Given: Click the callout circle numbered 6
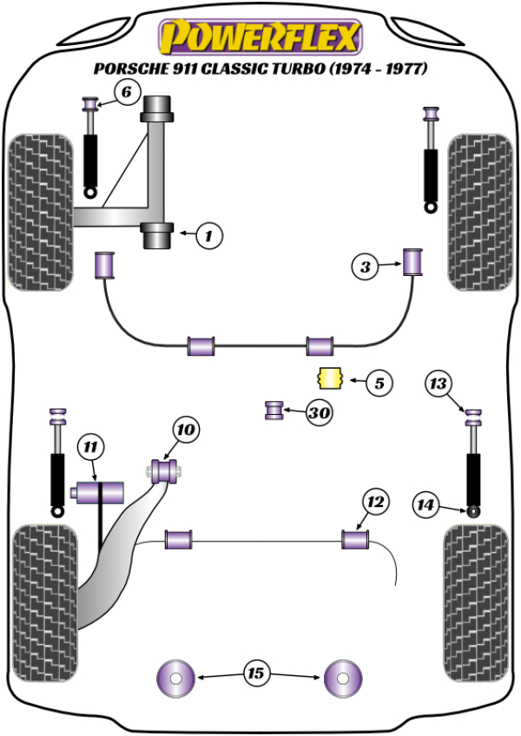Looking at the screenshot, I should tap(126, 91).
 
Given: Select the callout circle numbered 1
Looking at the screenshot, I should tap(209, 233).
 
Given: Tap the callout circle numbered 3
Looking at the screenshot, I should tap(366, 267).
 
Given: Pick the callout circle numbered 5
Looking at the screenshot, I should tap(379, 381).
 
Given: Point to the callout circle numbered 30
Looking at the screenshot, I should tap(320, 413).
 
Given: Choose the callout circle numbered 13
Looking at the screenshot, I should tap(439, 383).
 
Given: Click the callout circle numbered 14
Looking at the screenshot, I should tap(425, 504).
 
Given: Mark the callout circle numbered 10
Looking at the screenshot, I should tap(186, 429).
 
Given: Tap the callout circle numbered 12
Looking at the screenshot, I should tap(374, 501).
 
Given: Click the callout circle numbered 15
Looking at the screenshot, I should tap(256, 673).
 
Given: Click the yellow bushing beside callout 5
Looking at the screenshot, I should tap(329, 379).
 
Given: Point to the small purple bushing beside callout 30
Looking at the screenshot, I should tap(274, 409).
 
